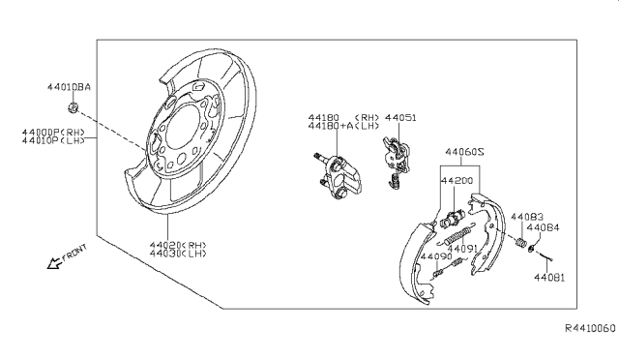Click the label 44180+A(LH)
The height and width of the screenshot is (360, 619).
pyautogui.click(x=343, y=126)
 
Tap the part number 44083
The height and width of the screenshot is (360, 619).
pyautogui.click(x=526, y=217)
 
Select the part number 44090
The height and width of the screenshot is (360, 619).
pyautogui.click(x=436, y=257)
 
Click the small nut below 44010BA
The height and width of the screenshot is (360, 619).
pyautogui.click(x=74, y=104)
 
